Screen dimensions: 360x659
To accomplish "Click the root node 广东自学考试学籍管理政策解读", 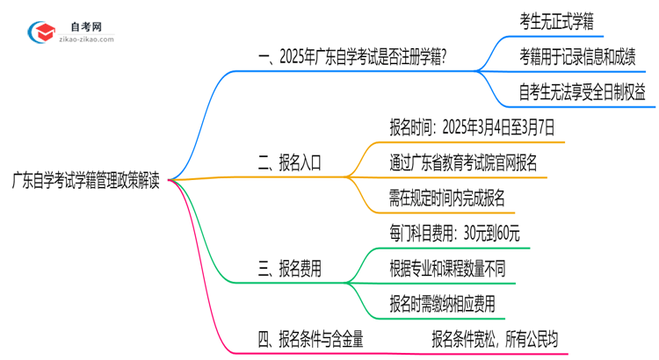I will pyautogui.click(x=86, y=181).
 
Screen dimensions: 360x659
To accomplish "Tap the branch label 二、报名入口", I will pyautogui.click(x=289, y=162).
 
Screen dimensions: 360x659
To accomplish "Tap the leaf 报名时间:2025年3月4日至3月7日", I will pyautogui.click(x=473, y=127).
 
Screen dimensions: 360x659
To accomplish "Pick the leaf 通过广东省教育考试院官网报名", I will pyautogui.click(x=463, y=162).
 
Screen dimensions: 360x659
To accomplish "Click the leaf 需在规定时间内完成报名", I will pyautogui.click(x=447, y=198).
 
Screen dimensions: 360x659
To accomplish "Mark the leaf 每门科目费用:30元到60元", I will pyautogui.click(x=454, y=234).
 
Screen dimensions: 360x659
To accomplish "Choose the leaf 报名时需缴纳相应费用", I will pyautogui.click(x=441, y=304).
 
